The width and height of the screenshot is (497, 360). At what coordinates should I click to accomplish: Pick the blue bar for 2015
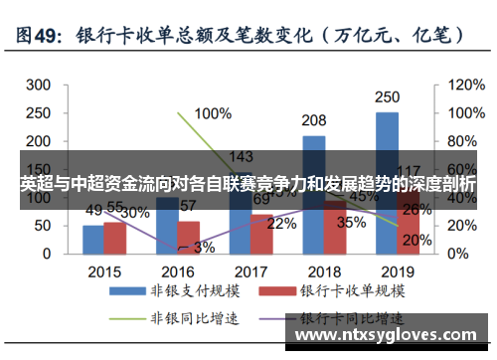point(93,239)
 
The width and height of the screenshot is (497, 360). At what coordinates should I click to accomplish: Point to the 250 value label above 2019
point(388,97)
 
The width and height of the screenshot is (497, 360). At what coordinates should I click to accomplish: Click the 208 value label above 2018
point(314,120)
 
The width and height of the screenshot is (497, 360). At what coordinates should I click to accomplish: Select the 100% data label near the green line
point(213,112)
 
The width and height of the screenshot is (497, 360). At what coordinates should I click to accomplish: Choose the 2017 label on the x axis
point(250,270)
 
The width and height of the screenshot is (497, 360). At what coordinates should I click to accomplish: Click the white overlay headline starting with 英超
point(248,185)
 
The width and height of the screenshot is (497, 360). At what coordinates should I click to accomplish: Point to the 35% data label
point(351,223)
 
